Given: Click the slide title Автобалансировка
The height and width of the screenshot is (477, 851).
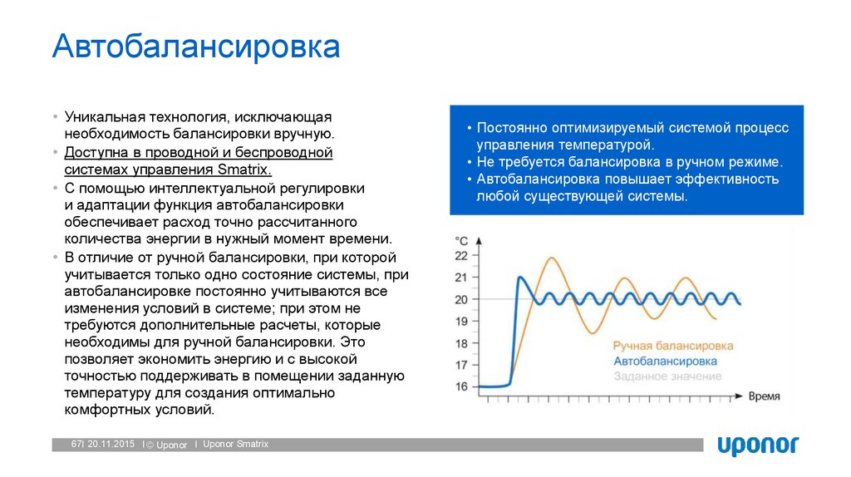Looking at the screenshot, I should click(x=196, y=47).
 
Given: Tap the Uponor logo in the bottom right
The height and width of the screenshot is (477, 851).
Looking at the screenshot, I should click(x=757, y=445).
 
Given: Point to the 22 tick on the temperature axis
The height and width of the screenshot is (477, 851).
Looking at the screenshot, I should click(x=462, y=256).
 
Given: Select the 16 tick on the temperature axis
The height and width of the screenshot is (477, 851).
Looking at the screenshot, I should click(x=462, y=386).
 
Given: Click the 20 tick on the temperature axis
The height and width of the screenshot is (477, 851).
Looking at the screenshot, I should click(x=462, y=299).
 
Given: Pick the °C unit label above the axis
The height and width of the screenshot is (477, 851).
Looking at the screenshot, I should click(x=461, y=240).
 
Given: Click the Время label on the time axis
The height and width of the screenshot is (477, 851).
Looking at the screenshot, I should click(x=764, y=396).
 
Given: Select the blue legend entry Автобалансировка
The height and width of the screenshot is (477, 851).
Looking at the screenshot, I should click(x=665, y=361).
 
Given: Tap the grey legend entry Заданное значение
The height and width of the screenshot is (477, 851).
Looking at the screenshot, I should click(x=667, y=376).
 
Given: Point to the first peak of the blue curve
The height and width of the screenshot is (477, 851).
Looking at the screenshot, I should click(x=520, y=278).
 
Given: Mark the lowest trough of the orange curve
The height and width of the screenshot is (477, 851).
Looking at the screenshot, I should click(x=591, y=332).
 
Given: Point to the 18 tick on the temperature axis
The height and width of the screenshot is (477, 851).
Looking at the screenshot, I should click(x=462, y=342).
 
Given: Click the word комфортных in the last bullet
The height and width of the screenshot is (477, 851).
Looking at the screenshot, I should click(x=103, y=410).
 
